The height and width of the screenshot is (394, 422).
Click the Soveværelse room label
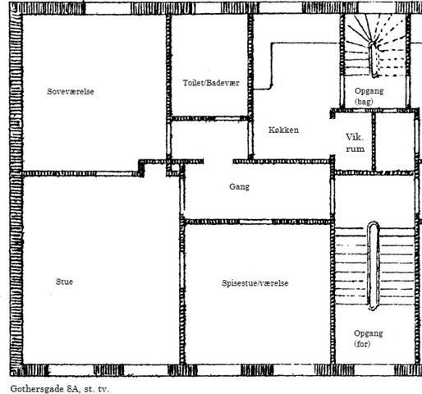(x=71, y=91)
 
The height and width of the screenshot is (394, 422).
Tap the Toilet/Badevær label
(x=211, y=83)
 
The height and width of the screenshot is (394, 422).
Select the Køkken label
(x=283, y=130)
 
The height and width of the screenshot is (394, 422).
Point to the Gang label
(x=239, y=187)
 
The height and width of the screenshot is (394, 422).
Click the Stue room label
(x=64, y=282)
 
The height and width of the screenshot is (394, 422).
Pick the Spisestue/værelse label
(x=255, y=283)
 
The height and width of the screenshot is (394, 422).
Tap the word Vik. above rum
(x=355, y=137)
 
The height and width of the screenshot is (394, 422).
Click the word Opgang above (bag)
(x=369, y=91)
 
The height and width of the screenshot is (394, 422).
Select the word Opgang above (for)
(x=369, y=333)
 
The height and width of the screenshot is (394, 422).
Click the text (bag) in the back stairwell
(x=364, y=102)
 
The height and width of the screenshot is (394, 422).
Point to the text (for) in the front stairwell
(x=362, y=344)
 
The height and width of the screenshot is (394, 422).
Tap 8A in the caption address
(x=72, y=388)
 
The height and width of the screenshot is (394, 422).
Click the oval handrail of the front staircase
(x=373, y=266)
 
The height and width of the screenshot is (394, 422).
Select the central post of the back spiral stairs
(x=374, y=59)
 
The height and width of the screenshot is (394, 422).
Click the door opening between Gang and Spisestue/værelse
(x=256, y=222)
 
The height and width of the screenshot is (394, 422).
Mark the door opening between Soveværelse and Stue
(x=117, y=174)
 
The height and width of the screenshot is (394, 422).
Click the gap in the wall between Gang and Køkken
(x=218, y=162)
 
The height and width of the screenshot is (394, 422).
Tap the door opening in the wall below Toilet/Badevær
(x=227, y=119)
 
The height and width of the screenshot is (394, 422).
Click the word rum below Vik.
(x=355, y=149)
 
